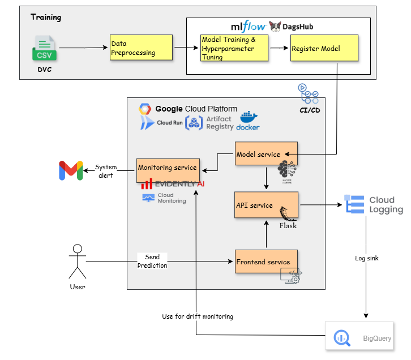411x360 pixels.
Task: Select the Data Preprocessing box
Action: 141,48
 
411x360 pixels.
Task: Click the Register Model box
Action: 324,48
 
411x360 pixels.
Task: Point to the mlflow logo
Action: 248,27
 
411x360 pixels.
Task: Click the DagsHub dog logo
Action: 275,27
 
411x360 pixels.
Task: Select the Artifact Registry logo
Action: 195,123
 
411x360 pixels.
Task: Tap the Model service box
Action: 266,155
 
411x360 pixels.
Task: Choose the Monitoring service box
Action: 168,168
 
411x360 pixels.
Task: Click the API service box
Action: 266,205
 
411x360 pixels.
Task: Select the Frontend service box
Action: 266,262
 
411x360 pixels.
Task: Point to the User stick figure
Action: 78,262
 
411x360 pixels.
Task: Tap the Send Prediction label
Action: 152,261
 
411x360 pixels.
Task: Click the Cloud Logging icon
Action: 354,204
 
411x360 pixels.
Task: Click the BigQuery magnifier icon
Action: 342,338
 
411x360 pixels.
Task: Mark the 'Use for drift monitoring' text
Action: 197,316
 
